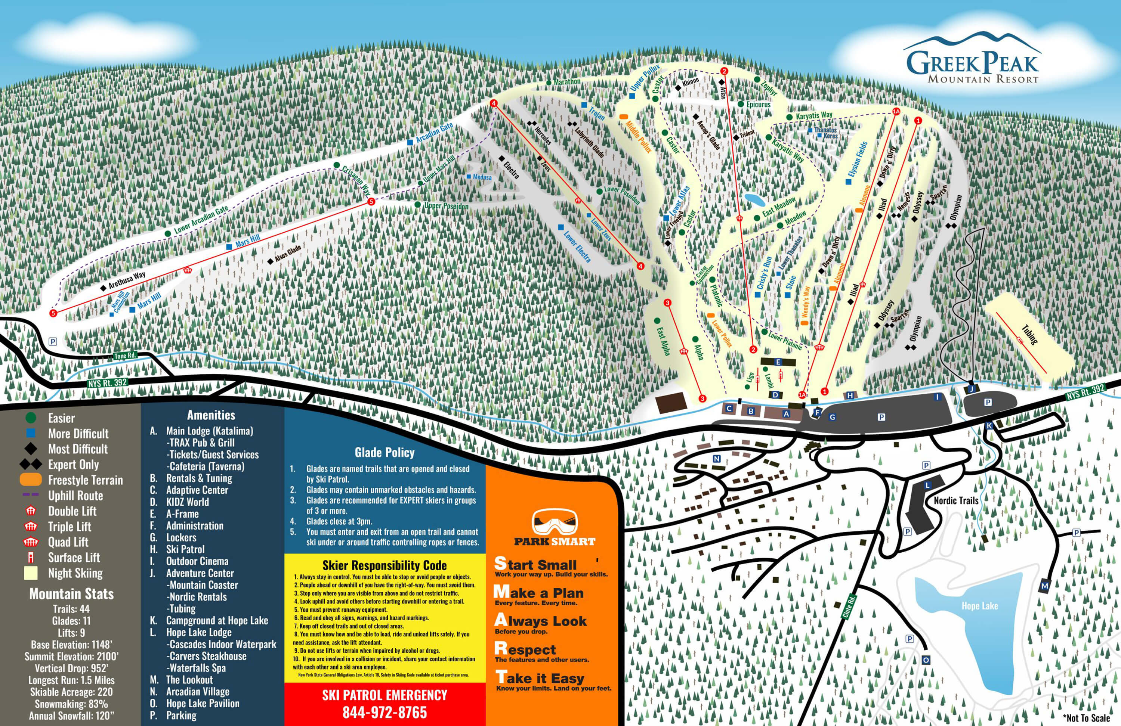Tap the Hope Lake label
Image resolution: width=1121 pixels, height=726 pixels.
tap(980, 606)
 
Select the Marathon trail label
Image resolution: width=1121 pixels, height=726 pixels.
tap(566, 81)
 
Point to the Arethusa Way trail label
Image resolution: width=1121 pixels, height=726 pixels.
tap(127, 280)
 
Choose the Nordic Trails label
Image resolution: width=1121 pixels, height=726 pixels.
tap(956, 500)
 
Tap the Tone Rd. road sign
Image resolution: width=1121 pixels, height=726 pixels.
tap(125, 356)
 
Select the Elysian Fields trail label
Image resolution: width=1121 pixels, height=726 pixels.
tap(857, 159)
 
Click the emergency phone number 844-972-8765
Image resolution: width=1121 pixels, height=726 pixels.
tap(385, 712)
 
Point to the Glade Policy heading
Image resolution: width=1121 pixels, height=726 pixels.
tap(385, 453)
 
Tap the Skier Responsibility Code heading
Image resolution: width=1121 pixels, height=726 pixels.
tap(385, 565)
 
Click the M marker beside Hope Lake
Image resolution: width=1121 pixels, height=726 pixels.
tap(1045, 586)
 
